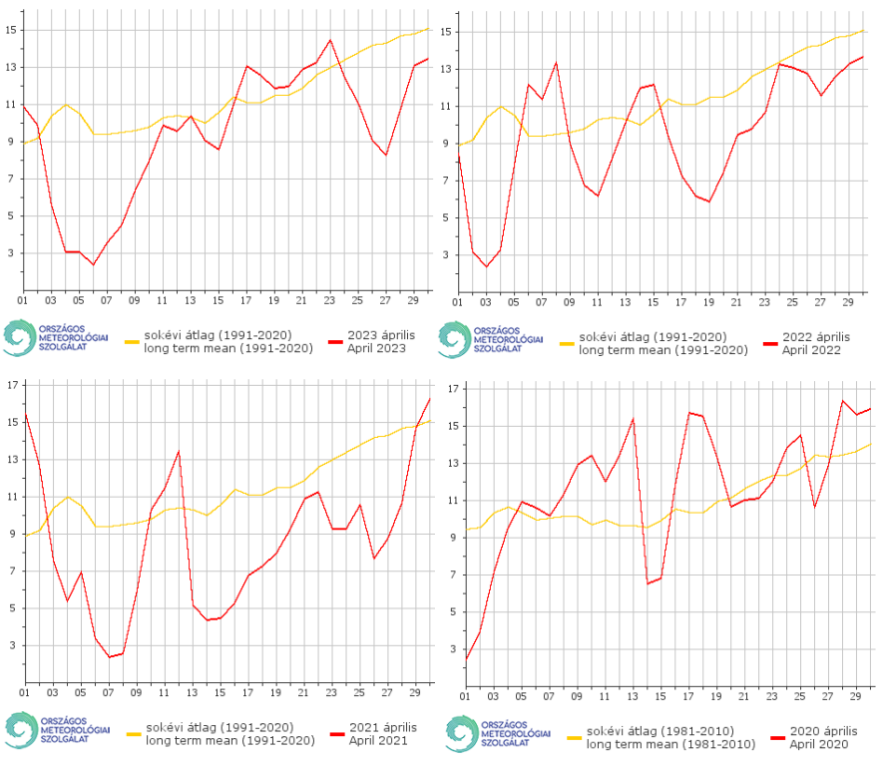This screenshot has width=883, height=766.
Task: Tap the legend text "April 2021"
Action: point(380,741)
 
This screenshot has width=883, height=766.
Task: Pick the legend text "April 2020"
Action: point(819,744)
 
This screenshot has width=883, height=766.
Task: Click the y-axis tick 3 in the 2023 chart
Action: point(11,254)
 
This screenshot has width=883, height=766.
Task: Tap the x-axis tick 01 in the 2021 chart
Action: point(23,691)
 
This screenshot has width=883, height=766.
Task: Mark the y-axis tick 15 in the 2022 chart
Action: point(446,32)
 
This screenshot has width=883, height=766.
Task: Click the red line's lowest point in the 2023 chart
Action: point(94,264)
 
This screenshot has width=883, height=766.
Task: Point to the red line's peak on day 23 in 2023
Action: point(330,40)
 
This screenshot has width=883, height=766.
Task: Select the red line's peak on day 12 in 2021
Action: point(179,452)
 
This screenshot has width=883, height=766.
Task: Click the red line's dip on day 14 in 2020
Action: point(648,583)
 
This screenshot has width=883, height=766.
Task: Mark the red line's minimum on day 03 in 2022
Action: point(486,267)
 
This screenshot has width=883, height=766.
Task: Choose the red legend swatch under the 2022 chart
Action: point(769,343)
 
